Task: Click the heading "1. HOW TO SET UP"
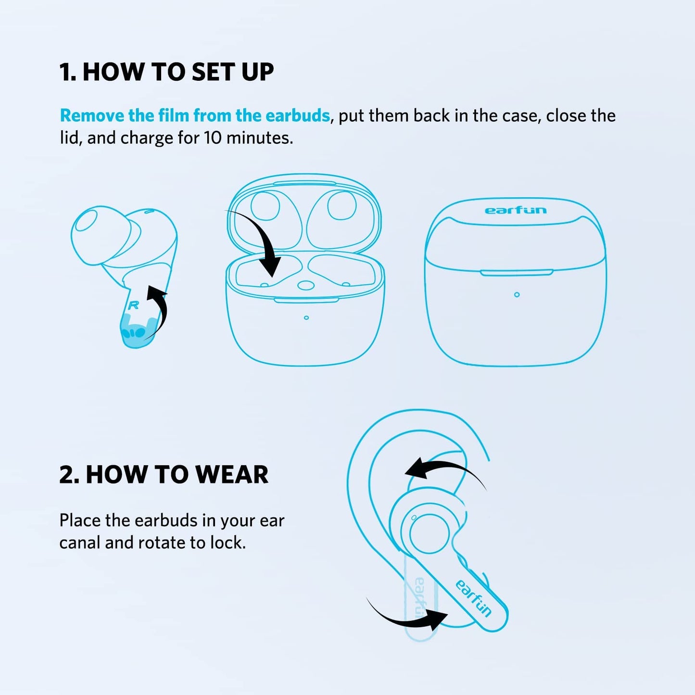[166, 72]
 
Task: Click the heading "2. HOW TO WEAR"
[164, 475]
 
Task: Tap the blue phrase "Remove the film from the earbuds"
[195, 116]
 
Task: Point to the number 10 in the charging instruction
[213, 139]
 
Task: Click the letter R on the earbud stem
[133, 305]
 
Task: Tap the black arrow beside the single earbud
[159, 310]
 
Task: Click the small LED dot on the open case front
[306, 318]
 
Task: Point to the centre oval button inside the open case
[303, 285]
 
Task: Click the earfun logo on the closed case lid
[516, 211]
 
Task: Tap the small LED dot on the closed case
[517, 295]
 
